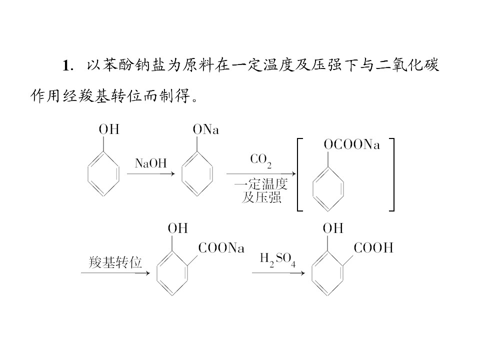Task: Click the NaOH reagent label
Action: coord(150,163)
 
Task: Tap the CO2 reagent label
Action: coord(260,160)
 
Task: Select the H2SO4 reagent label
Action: coord(277,260)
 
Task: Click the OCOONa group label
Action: coord(351,144)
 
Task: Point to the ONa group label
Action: coord(205,129)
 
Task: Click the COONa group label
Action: coord(221,247)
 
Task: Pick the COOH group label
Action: coord(373,247)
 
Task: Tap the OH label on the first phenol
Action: coord(109,129)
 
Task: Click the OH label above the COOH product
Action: coord(333,228)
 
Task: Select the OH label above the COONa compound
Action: coord(178,228)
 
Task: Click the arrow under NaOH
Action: coord(151,174)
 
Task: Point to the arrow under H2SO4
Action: coord(278,273)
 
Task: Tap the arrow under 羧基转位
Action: coord(115,273)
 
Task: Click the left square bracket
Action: coord(298,174)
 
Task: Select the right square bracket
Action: coord(393,174)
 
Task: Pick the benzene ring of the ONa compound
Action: coord(182,174)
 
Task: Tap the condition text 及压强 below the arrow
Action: coord(261,197)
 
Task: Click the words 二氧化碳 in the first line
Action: coord(407,65)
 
